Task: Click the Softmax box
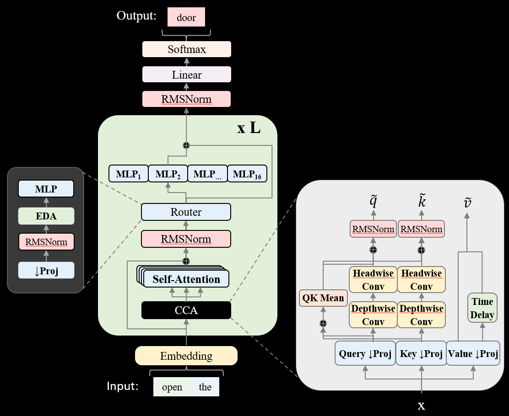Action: point(186,49)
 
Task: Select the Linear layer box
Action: point(186,75)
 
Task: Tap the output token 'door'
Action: point(186,18)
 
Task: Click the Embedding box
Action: point(186,356)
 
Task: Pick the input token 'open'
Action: point(172,387)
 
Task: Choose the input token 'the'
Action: point(205,387)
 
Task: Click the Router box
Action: point(186,212)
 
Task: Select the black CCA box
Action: point(186,310)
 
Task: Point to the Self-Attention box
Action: point(186,279)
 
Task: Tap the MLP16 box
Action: point(247,174)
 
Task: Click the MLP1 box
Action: point(129,174)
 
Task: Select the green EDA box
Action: point(46,216)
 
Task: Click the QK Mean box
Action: point(323,298)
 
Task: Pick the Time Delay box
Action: point(482,308)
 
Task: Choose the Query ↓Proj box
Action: point(365,353)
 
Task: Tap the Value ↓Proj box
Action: point(473,353)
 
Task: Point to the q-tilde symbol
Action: point(373,202)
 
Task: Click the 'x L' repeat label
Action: point(249,128)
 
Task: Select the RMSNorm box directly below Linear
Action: point(186,99)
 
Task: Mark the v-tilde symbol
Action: point(467,203)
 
